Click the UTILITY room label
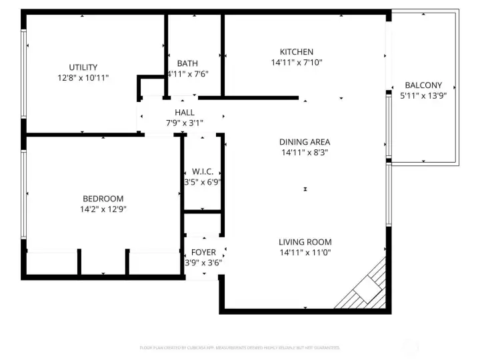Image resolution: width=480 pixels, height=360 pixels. tap(83, 67)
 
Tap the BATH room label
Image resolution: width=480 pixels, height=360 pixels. tap(187, 64)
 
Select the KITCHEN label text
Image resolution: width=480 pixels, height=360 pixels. tap(296, 52)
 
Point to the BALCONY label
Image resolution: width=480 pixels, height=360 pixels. tap(423, 85)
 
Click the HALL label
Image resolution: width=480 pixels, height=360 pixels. tap(185, 113)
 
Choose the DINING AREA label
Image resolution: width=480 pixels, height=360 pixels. tap(304, 142)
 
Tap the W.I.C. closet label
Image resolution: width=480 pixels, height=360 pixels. tap(202, 172)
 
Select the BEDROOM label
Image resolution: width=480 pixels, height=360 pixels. tap(103, 199)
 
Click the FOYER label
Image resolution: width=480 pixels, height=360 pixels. tap(203, 253)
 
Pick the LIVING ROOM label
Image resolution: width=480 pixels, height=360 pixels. tap(305, 242)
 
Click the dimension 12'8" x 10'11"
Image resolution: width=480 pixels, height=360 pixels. tap(83, 78)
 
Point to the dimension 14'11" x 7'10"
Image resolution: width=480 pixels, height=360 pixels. tap(296, 63)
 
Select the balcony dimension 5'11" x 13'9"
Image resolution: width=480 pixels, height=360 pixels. tap(423, 96)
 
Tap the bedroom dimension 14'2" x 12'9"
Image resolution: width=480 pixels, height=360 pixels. tap(103, 209)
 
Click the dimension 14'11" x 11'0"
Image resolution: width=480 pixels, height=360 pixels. tap(305, 253)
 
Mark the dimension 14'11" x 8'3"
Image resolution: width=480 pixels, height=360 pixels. tap(304, 153)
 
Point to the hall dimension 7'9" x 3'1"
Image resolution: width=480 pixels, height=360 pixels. tap(185, 123)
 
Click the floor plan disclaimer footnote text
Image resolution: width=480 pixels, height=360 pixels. tap(240, 347)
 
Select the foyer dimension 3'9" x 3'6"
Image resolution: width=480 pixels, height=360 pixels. tap(203, 263)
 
